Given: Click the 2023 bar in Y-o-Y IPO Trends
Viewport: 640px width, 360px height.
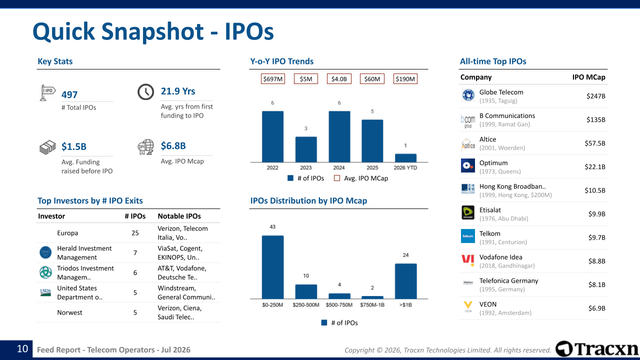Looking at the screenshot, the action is (305, 149).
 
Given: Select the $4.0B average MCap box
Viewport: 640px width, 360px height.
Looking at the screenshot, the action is (339, 79).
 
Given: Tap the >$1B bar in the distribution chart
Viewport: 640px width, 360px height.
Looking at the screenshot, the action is (405, 281).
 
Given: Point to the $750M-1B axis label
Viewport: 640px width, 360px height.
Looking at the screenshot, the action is (372, 305).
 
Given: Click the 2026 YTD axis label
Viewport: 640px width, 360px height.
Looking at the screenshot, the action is (405, 167).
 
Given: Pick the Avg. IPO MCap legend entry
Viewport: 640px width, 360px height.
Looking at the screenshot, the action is (361, 178).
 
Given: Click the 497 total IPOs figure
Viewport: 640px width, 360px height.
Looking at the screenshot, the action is (69, 95).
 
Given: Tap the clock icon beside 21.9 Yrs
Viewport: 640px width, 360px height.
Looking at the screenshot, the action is (145, 91).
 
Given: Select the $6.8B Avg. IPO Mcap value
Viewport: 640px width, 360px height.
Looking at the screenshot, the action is (173, 145).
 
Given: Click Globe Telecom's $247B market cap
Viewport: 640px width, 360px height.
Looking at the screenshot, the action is (595, 96).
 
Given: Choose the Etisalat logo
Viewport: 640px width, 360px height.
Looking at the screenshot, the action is (467, 212).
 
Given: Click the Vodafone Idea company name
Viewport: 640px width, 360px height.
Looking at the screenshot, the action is (500, 257).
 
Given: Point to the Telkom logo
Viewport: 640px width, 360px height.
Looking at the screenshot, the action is (467, 236).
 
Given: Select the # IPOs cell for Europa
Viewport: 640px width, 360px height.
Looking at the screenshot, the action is (135, 233).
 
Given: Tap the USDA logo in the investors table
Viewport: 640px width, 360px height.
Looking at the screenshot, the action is (45, 292).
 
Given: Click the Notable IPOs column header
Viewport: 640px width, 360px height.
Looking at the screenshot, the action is (179, 216).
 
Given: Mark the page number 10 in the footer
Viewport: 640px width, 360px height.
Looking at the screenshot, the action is (22, 349).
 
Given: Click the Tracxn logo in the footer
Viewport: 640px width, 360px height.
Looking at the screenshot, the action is (597, 349).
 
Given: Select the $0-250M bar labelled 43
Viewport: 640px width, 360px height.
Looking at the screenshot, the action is (272, 267).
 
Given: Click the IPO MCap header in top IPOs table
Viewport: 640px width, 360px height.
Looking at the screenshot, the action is (588, 77).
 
